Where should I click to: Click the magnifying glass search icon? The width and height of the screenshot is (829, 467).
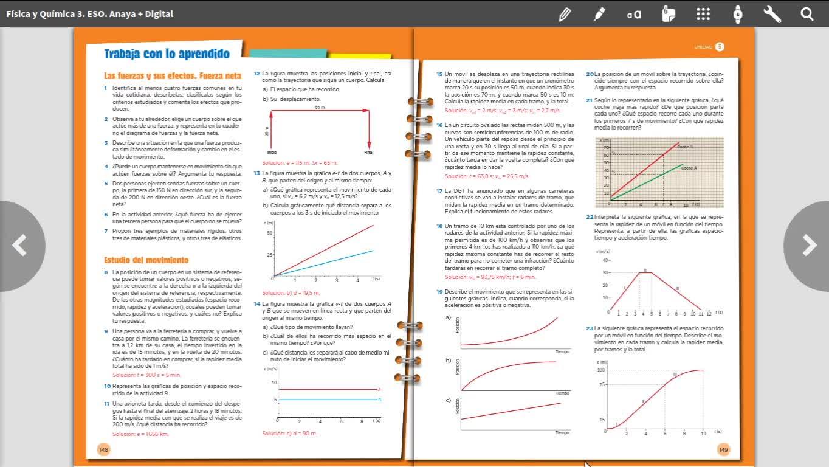tap(807, 13)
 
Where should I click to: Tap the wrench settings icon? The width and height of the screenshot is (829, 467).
tap(772, 13)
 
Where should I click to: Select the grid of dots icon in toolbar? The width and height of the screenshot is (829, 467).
tap(703, 13)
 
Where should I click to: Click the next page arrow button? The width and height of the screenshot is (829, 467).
tap(808, 246)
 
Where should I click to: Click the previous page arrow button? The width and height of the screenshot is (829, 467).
tap(20, 246)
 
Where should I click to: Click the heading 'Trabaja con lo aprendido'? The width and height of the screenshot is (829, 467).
tap(167, 54)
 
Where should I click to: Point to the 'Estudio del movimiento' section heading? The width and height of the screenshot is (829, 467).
tap(146, 260)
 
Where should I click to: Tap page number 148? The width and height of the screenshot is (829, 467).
tap(103, 449)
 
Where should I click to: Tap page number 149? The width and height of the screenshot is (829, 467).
tap(723, 449)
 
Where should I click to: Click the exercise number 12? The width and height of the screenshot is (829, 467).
tap(256, 74)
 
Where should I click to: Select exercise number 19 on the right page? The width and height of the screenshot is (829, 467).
tap(439, 291)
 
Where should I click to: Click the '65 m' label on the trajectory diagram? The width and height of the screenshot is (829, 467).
tap(320, 107)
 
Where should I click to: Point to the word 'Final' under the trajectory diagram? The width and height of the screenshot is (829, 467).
tap(369, 152)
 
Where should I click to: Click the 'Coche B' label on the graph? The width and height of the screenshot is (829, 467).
tap(685, 147)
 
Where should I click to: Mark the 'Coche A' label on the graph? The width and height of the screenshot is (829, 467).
tap(689, 168)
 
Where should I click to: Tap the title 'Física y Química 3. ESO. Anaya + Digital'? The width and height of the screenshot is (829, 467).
tap(89, 13)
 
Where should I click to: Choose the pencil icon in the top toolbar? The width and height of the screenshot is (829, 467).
tap(565, 13)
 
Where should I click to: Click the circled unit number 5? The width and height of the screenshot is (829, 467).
tap(720, 47)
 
